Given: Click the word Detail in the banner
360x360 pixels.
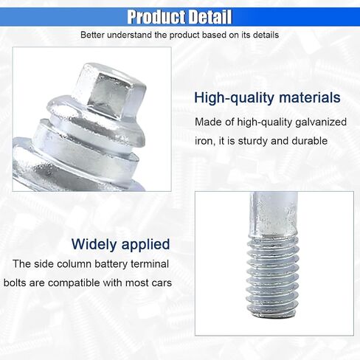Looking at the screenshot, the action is tap(211, 17).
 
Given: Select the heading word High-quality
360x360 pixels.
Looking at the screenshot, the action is tap(234, 98).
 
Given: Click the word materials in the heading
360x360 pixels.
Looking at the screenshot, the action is tap(310, 97).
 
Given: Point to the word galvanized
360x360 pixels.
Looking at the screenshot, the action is tap(321, 122).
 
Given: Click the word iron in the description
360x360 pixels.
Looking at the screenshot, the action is tap(204, 141).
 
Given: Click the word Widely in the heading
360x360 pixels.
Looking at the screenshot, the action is tap(94, 244).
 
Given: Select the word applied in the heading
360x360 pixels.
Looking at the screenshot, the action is tap(145, 245).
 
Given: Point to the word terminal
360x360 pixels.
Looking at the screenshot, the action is tap(150, 264).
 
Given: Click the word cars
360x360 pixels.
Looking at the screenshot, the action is tap(162, 283).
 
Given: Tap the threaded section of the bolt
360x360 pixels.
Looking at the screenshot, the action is tap(273, 275).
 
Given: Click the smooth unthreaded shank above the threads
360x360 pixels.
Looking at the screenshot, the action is tap(273, 213).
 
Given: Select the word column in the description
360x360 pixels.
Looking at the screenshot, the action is tap(74, 264).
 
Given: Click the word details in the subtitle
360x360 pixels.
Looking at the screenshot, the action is tap(266, 35).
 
